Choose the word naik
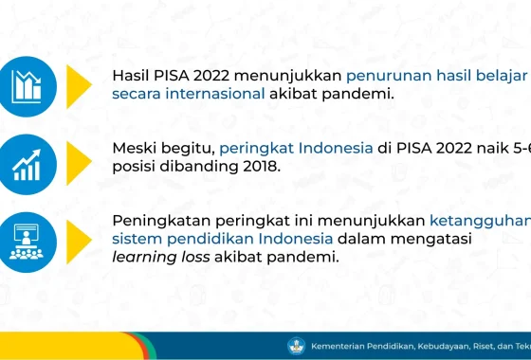pyautogui.click(x=477, y=149)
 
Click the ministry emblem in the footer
pyautogui.click(x=294, y=346)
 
